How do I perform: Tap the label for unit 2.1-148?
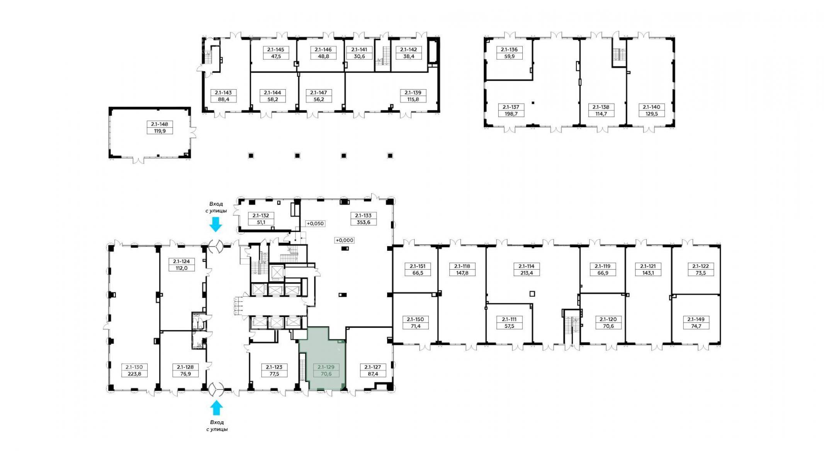[x=160, y=124]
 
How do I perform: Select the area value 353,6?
[x=363, y=222]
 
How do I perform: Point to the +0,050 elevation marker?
[x=315, y=223]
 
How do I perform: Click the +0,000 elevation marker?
[x=344, y=240]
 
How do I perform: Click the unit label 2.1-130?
[x=134, y=367]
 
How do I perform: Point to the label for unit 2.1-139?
[x=413, y=93]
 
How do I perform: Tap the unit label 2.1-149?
[x=696, y=319]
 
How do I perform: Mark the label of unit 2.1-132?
[x=261, y=216]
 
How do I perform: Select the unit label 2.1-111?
[x=509, y=319]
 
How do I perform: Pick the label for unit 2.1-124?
[x=182, y=261]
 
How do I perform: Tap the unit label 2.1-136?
[x=510, y=49]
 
